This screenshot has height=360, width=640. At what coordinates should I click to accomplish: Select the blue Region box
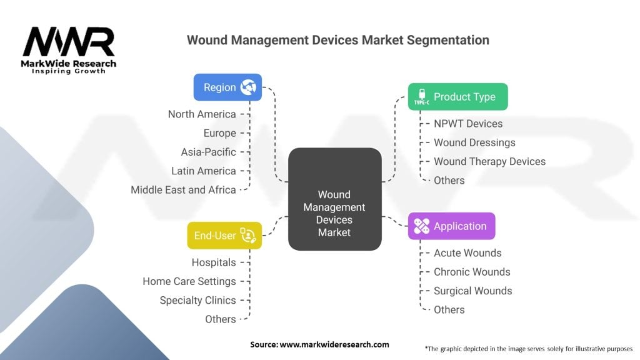[x=227, y=87]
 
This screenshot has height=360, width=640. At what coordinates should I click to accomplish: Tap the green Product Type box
[x=457, y=97]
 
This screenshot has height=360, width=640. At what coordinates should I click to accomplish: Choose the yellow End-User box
[x=224, y=236]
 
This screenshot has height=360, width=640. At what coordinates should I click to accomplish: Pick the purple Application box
[x=451, y=226]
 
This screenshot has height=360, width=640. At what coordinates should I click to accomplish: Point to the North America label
[x=202, y=114]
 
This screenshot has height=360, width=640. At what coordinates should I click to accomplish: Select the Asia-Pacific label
[x=209, y=152]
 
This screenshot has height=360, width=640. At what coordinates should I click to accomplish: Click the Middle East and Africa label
[x=183, y=189]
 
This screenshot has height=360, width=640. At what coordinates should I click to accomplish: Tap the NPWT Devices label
[x=468, y=124]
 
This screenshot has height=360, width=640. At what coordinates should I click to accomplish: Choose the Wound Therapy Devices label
[x=489, y=161]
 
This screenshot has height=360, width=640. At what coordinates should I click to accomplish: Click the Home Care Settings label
[x=189, y=281]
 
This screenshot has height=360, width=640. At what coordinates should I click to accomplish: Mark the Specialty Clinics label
[x=197, y=300]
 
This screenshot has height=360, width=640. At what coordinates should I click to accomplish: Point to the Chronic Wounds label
[x=472, y=272]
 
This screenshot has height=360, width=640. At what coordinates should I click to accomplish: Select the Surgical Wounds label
[x=472, y=291]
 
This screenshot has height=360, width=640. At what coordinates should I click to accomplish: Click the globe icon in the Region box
[x=249, y=87]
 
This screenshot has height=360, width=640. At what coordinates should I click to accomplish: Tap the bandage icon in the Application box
[x=422, y=226]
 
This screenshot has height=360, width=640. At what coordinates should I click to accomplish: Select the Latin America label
[x=204, y=171]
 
